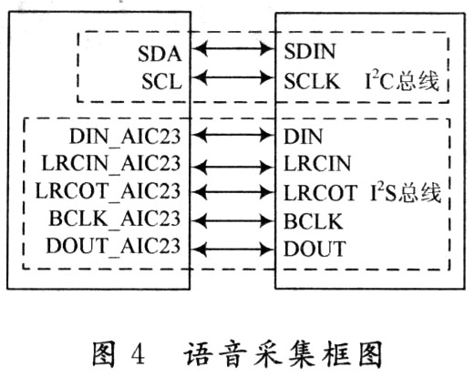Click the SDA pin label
pos(160,54)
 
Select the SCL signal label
pos(162,82)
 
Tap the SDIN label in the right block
pos(310,51)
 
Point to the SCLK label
pos(312,81)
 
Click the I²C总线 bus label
pos(402,81)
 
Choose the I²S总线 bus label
pos(406,192)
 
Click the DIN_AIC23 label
pos(125,137)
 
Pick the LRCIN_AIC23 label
pos(111,164)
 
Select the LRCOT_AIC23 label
pos(108,191)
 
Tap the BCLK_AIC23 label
pos(115,219)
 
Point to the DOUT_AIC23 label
pos(113,246)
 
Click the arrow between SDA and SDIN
pos(233,48)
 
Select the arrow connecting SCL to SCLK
pos(233,78)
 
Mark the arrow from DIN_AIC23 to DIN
pos(233,135)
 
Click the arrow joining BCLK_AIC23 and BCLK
pos(233,220)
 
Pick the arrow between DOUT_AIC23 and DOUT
pos(233,250)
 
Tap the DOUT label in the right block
pos(314,249)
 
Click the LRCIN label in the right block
pos(317,164)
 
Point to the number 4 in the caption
pos(139,354)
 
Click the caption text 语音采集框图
pos(283,354)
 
